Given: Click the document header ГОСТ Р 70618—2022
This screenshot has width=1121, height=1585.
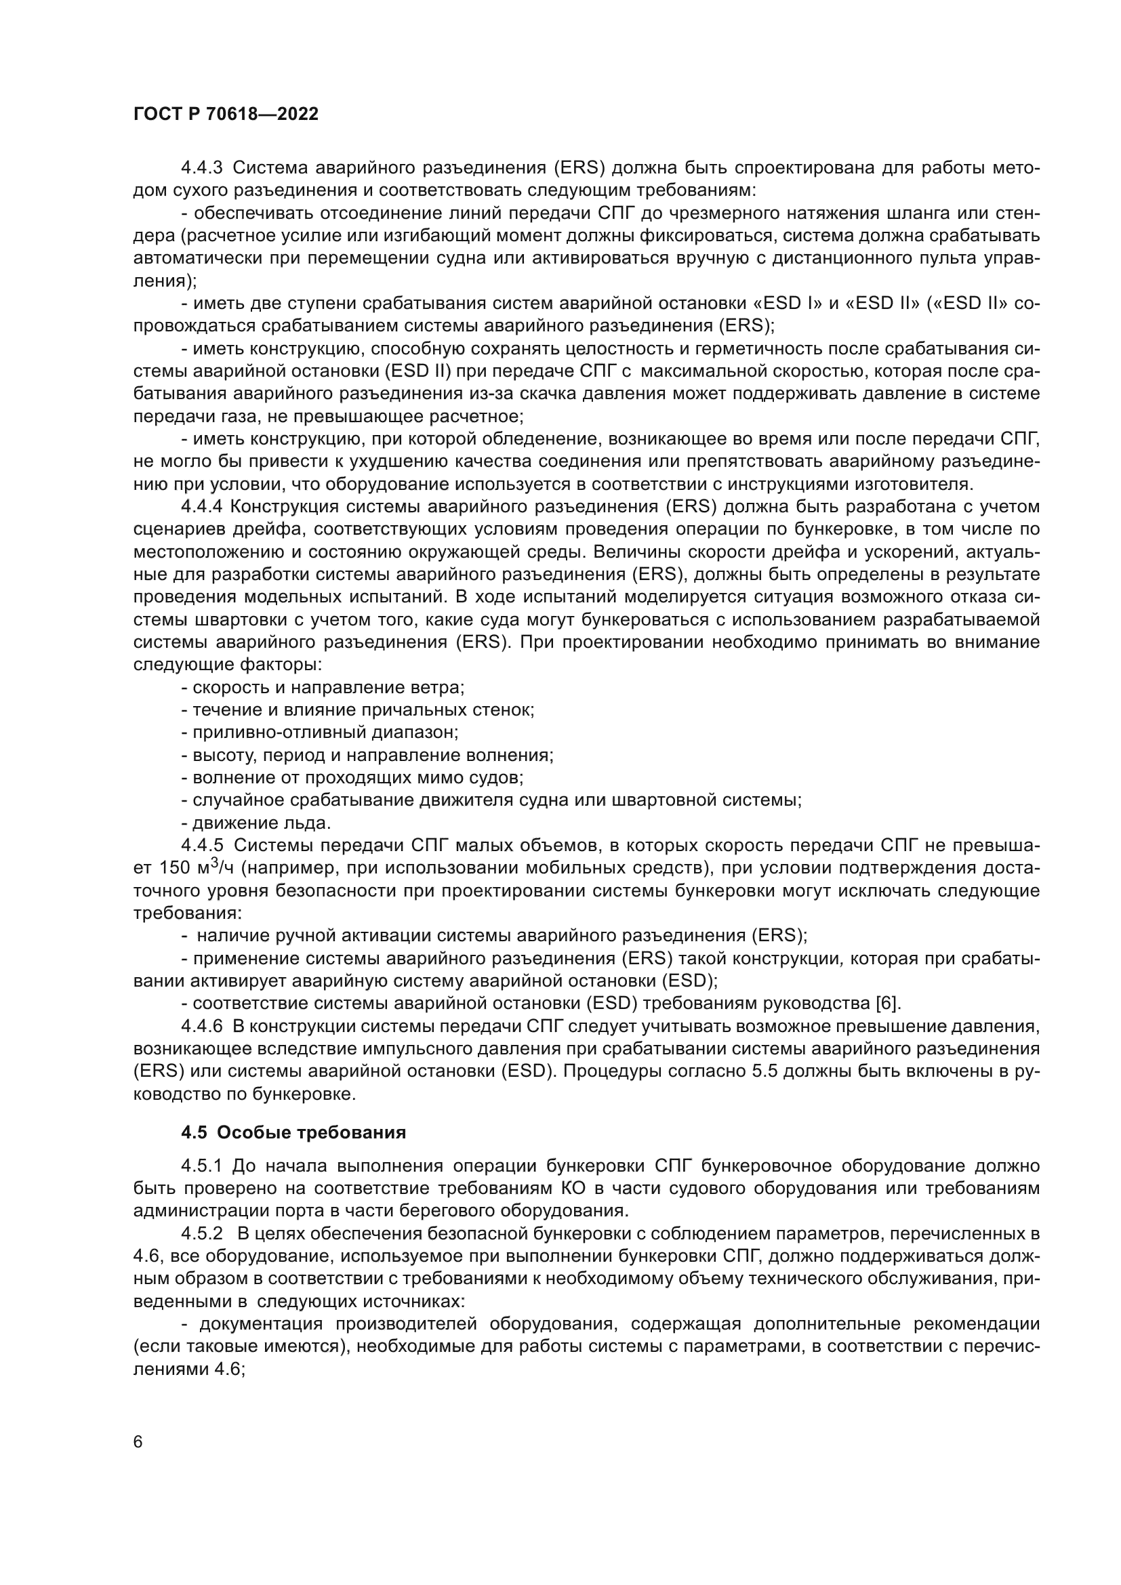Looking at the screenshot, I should tap(226, 115).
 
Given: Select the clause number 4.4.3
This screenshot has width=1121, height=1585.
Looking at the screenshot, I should tap(201, 168).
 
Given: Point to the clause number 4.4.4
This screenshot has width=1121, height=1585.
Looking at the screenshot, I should tap(201, 507).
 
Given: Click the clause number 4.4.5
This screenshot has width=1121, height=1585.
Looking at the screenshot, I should tap(201, 846).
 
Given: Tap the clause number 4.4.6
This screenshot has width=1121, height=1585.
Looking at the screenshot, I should tap(201, 1027).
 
